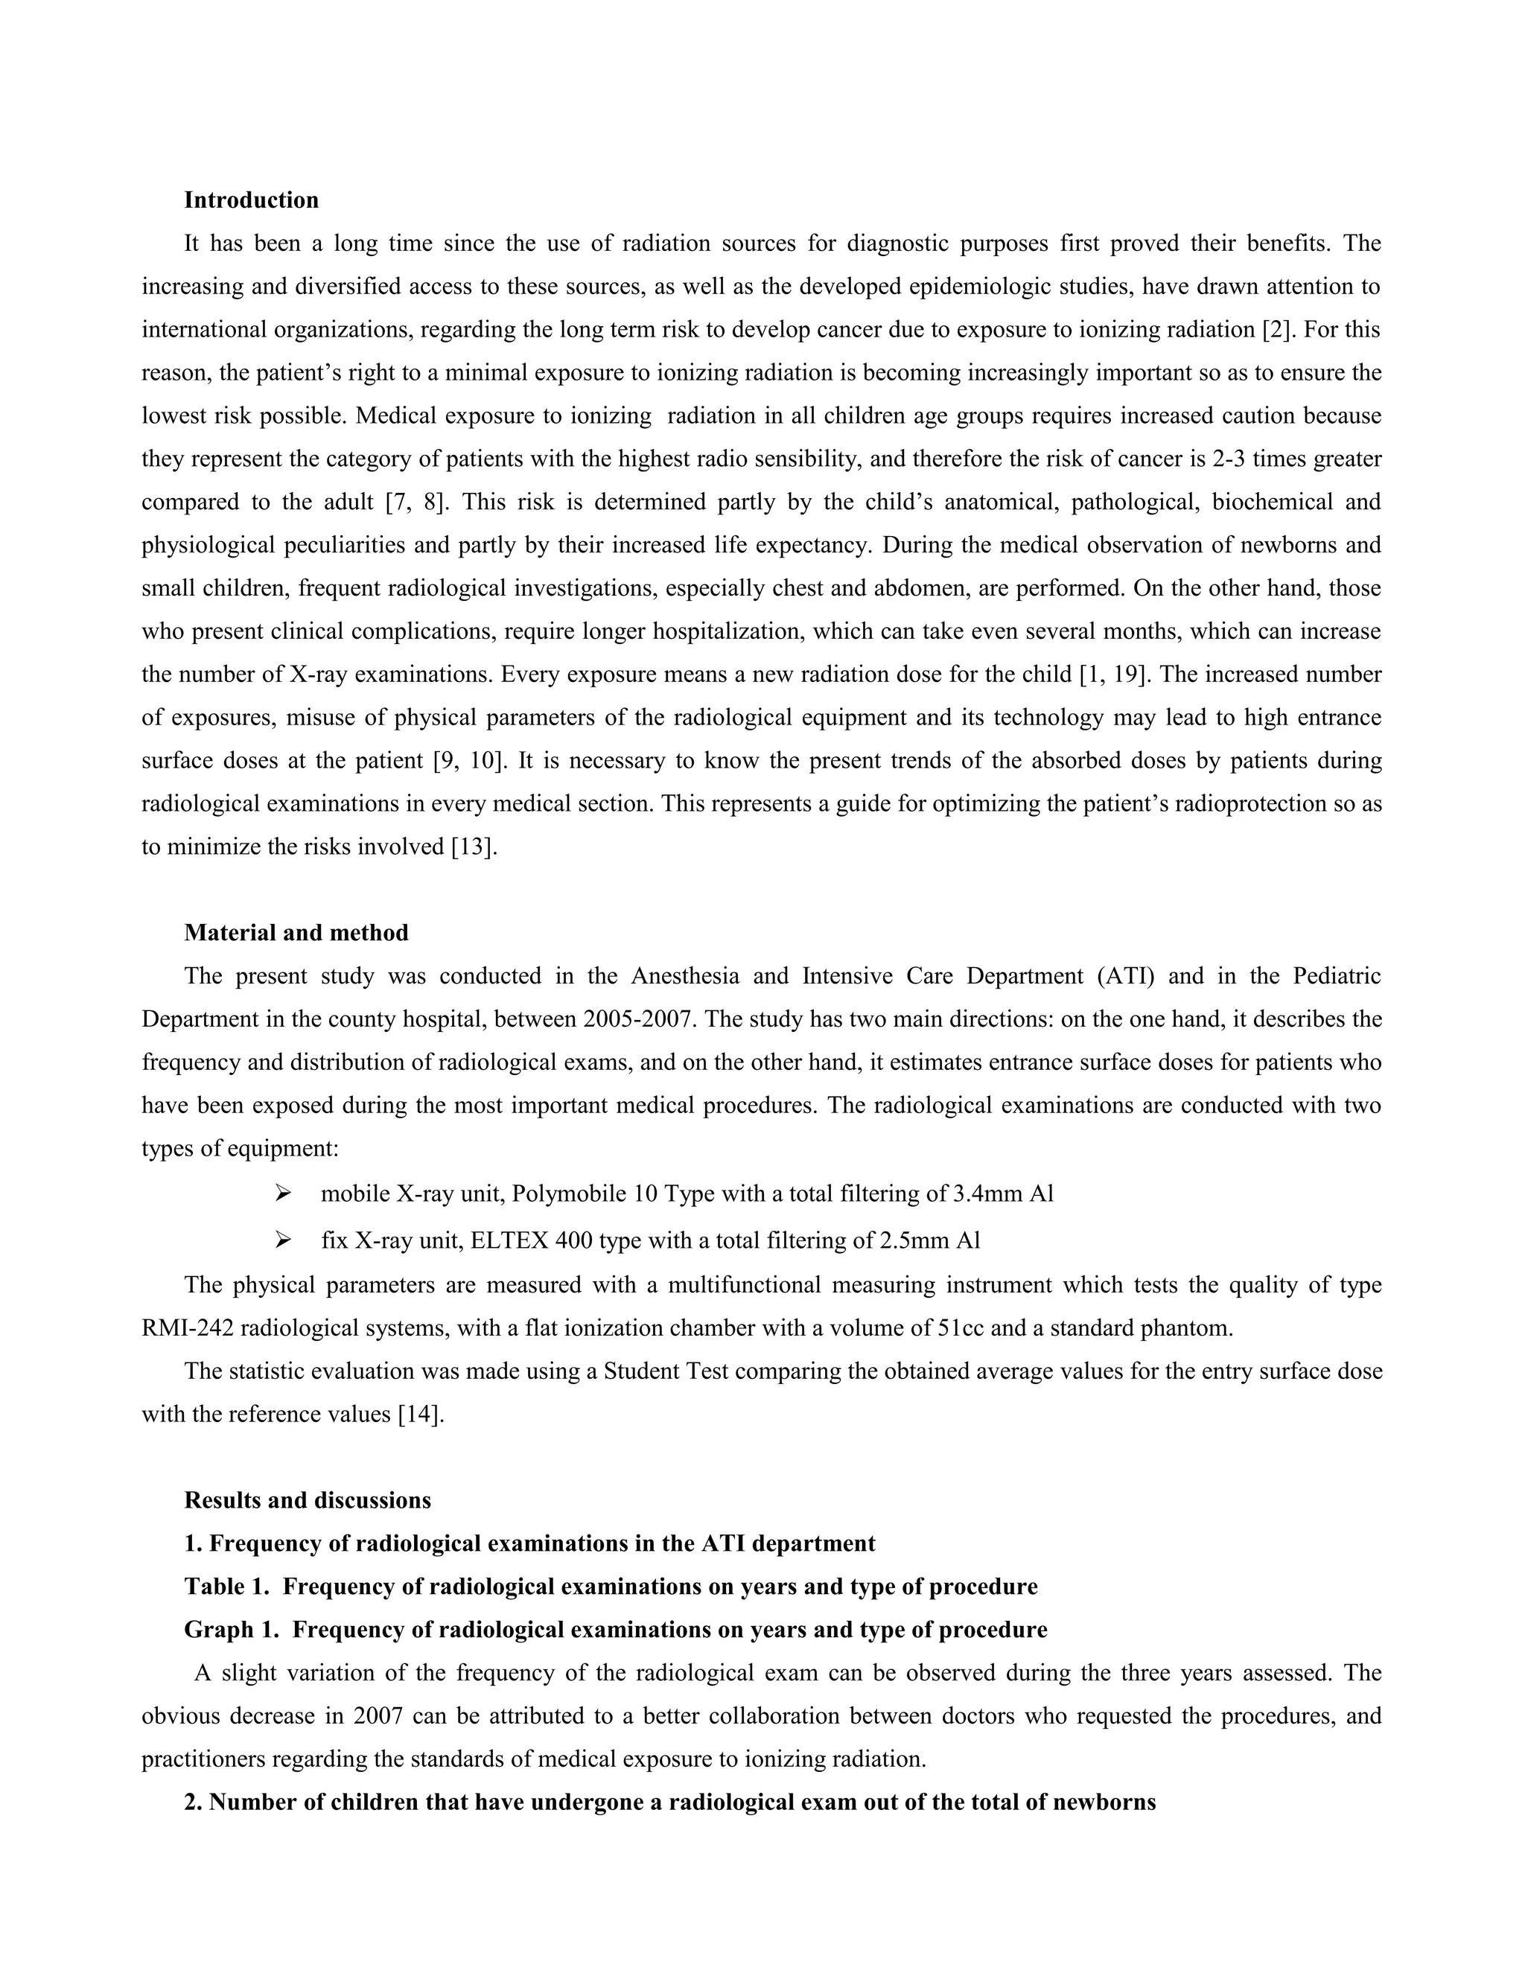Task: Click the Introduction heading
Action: (251, 200)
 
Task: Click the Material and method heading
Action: (296, 932)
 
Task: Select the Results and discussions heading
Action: (308, 1499)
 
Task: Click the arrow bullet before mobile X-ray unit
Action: (283, 1194)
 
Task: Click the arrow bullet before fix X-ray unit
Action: (283, 1240)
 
